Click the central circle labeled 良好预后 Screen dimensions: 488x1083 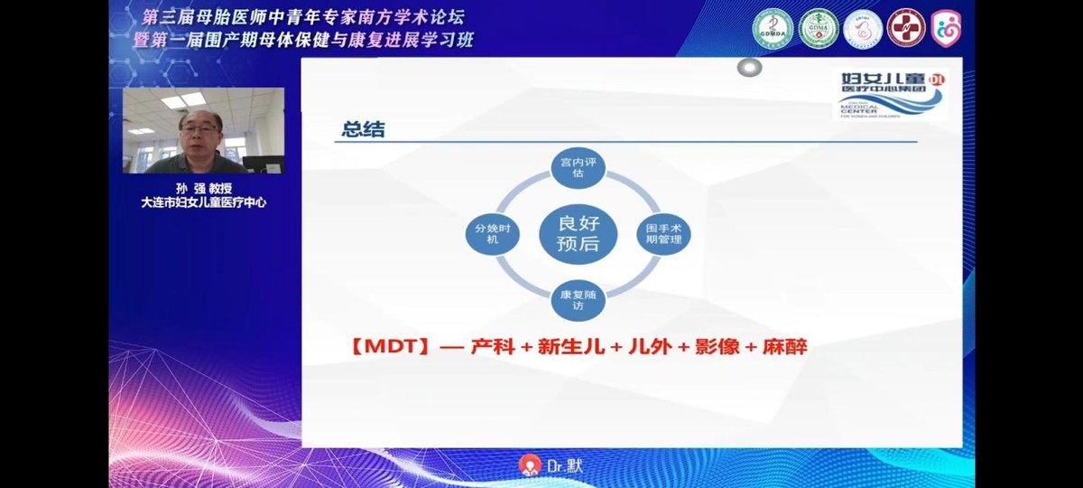578,234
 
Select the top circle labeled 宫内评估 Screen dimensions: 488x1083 578,169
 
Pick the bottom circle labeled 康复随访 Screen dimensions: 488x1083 578,300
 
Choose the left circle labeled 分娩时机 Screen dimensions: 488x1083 492,234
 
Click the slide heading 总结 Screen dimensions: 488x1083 363,129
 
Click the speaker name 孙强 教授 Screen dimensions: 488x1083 203,188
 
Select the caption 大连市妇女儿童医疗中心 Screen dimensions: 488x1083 203,202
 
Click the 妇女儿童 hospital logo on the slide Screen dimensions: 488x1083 889,95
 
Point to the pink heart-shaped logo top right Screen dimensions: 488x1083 946,29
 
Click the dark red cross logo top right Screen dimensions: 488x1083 905,29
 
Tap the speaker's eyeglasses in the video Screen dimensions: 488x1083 200,129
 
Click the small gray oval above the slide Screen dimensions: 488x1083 749,68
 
